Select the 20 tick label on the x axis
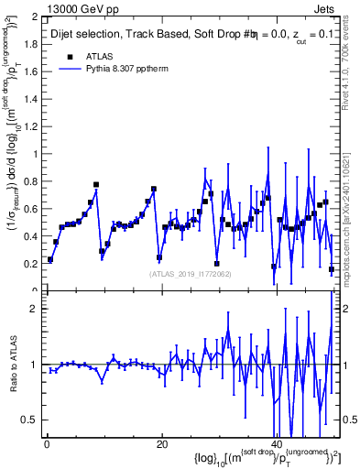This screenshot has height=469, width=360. tap(161, 444)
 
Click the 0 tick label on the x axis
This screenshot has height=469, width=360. tap(47, 444)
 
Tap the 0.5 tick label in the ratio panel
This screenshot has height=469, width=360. tap(30, 420)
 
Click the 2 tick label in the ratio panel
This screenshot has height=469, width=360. tap(36, 309)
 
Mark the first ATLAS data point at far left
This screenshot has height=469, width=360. tap(50, 259)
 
